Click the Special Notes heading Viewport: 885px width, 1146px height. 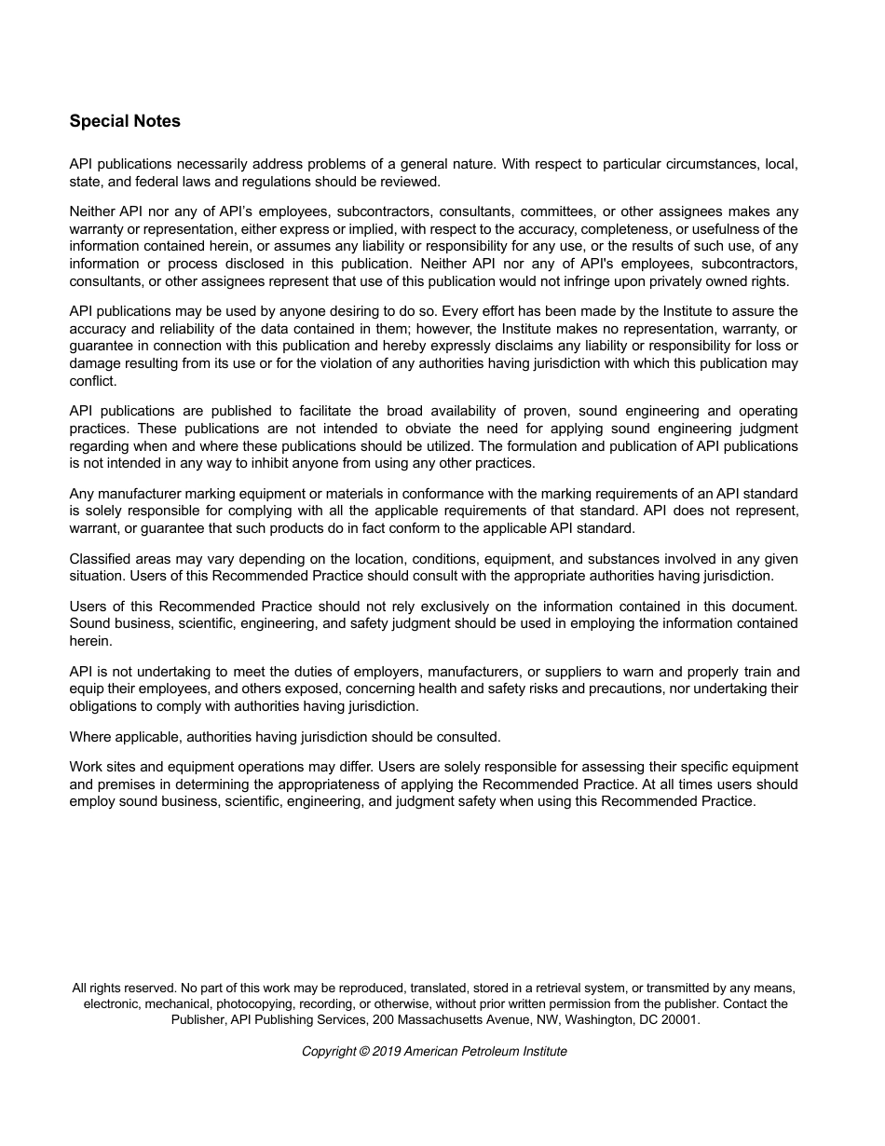(125, 121)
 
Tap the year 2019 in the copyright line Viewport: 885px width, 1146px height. (387, 1051)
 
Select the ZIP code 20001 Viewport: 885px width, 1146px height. (679, 1019)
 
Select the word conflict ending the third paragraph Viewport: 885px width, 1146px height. (92, 381)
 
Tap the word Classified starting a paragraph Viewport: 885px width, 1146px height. (100, 559)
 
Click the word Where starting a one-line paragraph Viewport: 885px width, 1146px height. (89, 737)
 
